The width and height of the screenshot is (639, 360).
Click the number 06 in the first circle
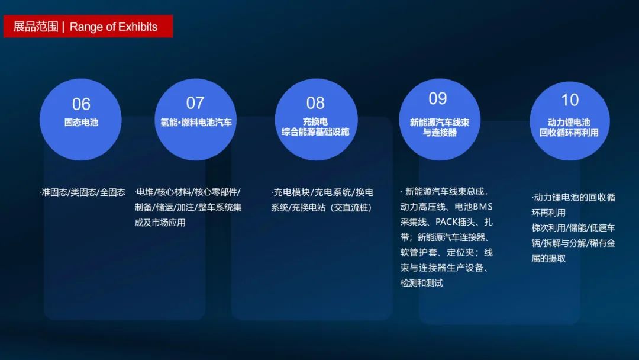pyautogui.click(x=81, y=104)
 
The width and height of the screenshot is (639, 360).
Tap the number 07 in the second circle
pyautogui.click(x=195, y=103)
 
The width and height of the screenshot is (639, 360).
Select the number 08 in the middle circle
pyautogui.click(x=315, y=103)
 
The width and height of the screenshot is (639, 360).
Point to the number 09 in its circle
pyautogui.click(x=438, y=99)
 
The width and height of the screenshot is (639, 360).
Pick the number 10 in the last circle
pyautogui.click(x=570, y=100)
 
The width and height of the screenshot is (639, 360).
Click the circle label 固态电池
pyautogui.click(x=81, y=123)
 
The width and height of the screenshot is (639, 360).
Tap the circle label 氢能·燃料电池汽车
pyautogui.click(x=196, y=123)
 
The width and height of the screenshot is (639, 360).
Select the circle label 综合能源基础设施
pyautogui.click(x=315, y=131)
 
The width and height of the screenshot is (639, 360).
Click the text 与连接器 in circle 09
pyautogui.click(x=440, y=133)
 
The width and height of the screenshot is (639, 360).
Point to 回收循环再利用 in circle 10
pyautogui.click(x=569, y=133)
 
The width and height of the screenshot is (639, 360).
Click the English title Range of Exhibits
pyautogui.click(x=113, y=27)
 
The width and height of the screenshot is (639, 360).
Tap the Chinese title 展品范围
pyautogui.click(x=36, y=27)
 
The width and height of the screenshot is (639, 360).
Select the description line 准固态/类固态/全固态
pyautogui.click(x=83, y=192)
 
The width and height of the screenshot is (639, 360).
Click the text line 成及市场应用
pyautogui.click(x=160, y=223)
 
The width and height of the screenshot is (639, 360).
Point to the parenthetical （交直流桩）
pyautogui.click(x=352, y=207)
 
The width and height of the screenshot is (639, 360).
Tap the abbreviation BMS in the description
pyautogui.click(x=483, y=207)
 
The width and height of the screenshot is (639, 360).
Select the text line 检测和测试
pyautogui.click(x=421, y=283)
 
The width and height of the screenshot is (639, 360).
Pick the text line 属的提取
pyautogui.click(x=548, y=259)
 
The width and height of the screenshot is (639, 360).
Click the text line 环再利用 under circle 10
pyautogui.click(x=548, y=213)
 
